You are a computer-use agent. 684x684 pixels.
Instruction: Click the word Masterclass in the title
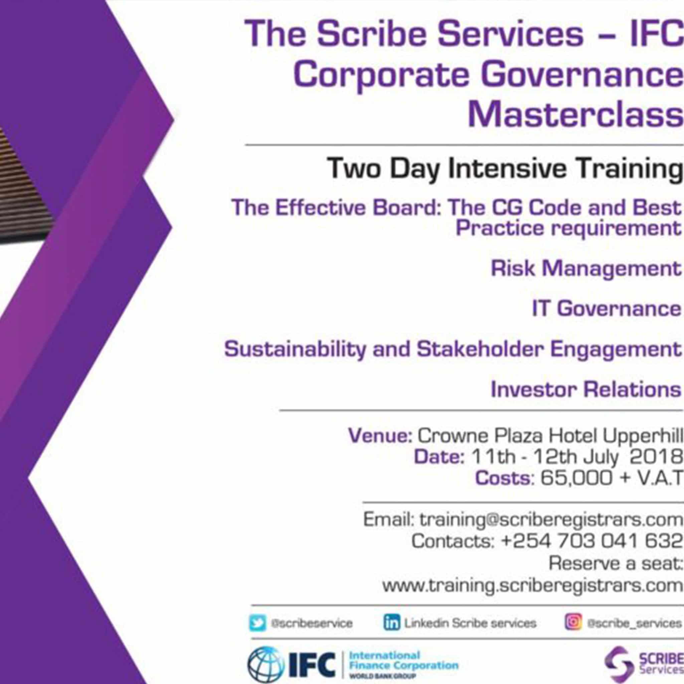pyautogui.click(x=575, y=116)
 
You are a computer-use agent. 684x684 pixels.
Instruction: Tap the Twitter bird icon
pyautogui.click(x=258, y=623)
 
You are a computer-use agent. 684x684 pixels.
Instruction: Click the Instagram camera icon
pyautogui.click(x=573, y=622)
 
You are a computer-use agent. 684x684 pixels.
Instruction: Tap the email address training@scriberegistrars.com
pyautogui.click(x=551, y=520)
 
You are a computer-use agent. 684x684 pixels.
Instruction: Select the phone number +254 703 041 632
pyautogui.click(x=591, y=541)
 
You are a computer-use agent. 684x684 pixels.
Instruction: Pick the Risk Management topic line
pyautogui.click(x=586, y=269)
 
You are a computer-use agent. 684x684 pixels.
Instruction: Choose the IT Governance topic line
pyautogui.click(x=607, y=308)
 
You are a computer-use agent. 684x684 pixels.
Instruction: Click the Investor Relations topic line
pyautogui.click(x=586, y=389)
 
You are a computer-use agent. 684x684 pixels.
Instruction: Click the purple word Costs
pyautogui.click(x=504, y=478)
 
